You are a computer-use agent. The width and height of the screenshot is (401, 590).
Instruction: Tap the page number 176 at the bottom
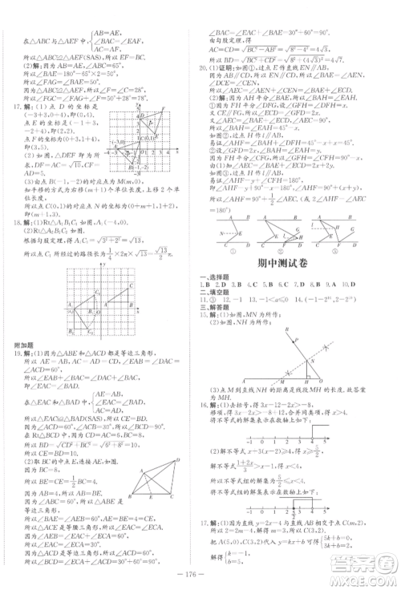point(200,575)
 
